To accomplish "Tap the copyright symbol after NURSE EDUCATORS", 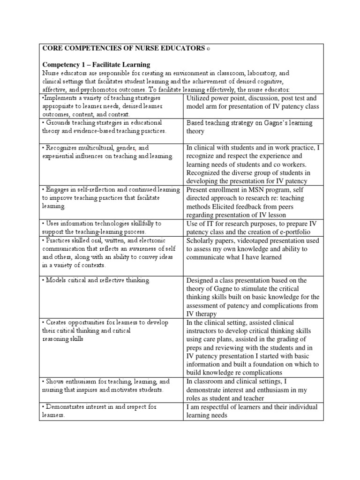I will [x=209, y=49].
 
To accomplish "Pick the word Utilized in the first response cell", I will [x=200, y=98].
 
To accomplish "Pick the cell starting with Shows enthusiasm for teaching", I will [x=106, y=386].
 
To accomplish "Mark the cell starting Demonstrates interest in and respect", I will [x=106, y=411].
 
